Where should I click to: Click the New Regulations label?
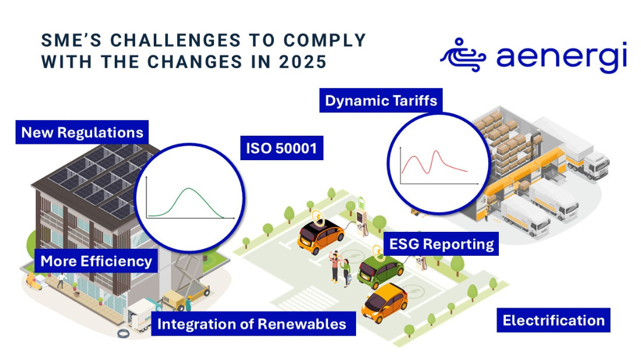coord(82,132)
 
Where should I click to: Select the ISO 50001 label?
coord(281,148)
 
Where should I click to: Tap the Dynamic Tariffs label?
coord(381,100)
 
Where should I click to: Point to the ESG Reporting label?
coord(442,243)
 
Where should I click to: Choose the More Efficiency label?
coord(96,261)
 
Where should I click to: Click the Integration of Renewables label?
coord(253,324)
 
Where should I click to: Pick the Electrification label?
coord(554,320)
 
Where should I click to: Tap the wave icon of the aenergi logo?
coord(463,56)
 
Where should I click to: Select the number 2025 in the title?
coord(303,62)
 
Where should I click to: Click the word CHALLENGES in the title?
coord(176,40)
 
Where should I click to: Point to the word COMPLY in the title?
coord(325,40)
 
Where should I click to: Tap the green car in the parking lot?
coord(380,271)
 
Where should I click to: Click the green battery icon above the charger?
coord(361,203)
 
